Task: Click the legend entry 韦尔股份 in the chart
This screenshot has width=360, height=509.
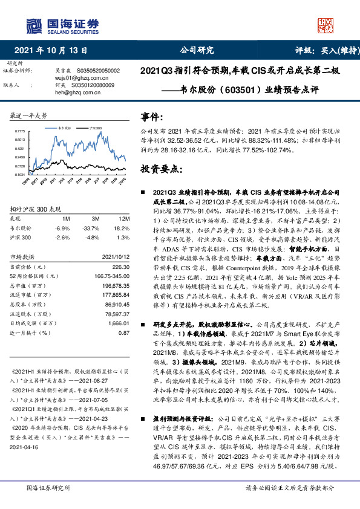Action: coord(65,128)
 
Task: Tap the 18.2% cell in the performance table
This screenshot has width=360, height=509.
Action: coord(122,229)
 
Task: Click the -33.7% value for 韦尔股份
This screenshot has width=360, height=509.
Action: coord(91,229)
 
